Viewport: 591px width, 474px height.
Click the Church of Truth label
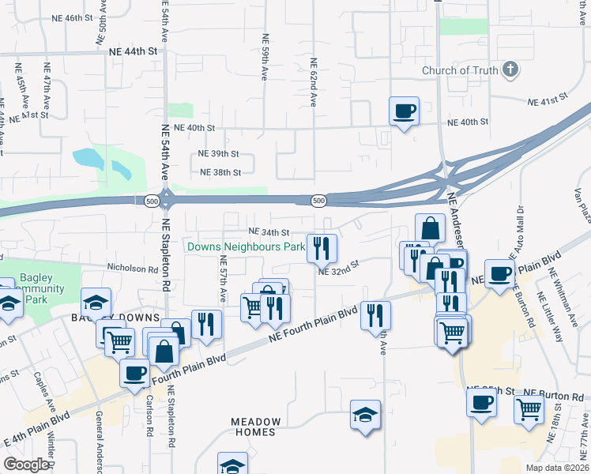[460, 70]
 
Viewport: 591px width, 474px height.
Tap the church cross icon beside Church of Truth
[510, 70]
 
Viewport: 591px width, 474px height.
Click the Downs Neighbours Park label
[246, 247]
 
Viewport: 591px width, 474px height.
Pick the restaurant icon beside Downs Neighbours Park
[322, 248]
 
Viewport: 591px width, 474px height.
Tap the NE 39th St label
[218, 154]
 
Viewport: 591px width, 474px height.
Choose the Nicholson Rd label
[133, 269]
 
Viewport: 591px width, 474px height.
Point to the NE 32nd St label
[339, 271]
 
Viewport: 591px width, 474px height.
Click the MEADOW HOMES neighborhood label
[255, 427]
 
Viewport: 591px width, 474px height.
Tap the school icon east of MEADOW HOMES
[366, 414]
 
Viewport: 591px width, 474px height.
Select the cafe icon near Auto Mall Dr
[499, 273]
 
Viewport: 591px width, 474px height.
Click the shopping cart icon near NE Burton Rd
[529, 408]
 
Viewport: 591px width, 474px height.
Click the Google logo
[25, 465]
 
